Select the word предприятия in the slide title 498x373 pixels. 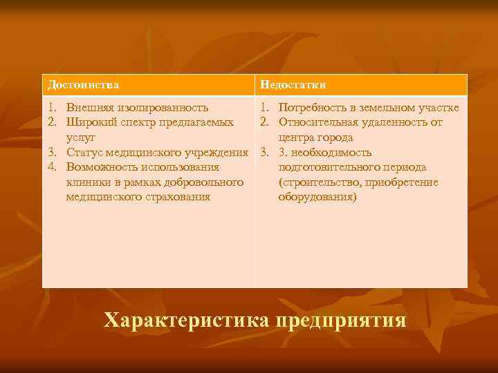pos(340,321)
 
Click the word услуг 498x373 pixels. pos(80,137)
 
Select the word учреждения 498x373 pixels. pos(218,152)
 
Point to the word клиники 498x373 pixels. pos(86,182)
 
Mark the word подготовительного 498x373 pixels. pos(324,167)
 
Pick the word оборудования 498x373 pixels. pos(317,197)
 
